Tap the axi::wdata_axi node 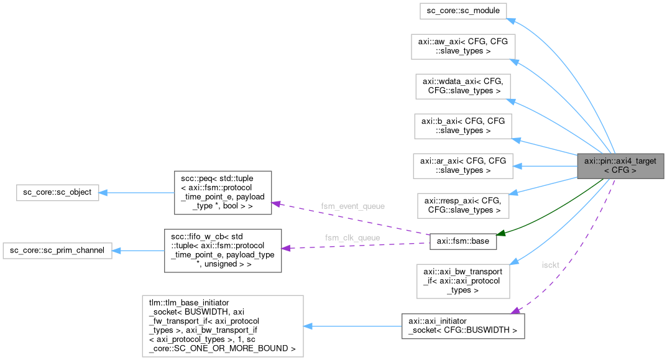(x=463, y=86)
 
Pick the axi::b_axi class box (x=463, y=126)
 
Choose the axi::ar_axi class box (x=463, y=165)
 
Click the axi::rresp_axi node (x=462, y=205)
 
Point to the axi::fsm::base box (x=463, y=241)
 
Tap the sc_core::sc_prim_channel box (x=57, y=251)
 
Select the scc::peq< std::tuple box (x=223, y=192)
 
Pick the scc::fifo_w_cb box (x=223, y=250)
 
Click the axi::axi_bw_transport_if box (x=462, y=280)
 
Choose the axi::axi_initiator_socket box (x=462, y=325)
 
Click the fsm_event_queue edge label (x=352, y=206)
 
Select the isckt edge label (x=551, y=264)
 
